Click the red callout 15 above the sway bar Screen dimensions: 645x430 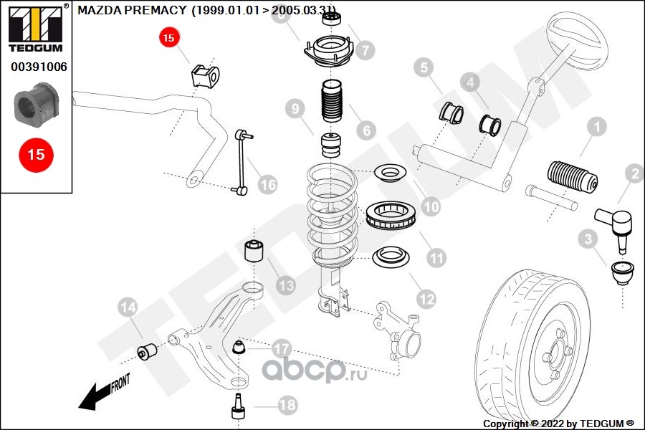pos(168,38)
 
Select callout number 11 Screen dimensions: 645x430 pos(436,256)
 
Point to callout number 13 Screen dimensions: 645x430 pos(285,286)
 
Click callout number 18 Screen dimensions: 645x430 pos(287,406)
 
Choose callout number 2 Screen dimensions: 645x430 pos(634,173)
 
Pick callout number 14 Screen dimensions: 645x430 pos(127,308)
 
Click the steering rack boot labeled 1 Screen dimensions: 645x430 pos(572,179)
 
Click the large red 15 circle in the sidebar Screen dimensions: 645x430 pos(36,154)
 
